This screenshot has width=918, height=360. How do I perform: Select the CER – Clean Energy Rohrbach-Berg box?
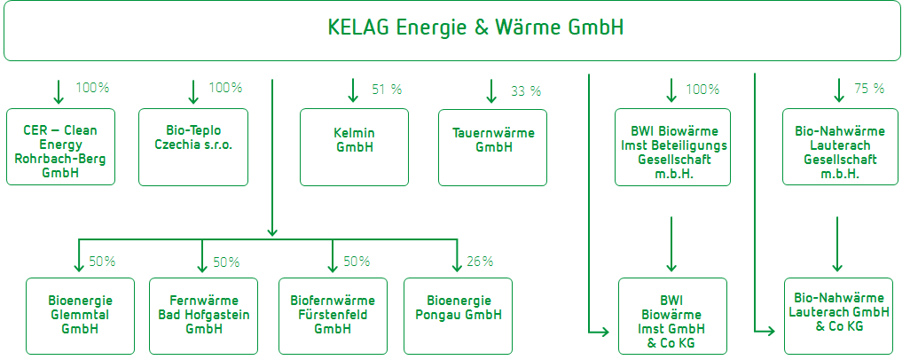[60, 147]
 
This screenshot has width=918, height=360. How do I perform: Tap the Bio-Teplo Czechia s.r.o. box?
[193, 147]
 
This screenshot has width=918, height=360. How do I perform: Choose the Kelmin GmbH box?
[354, 147]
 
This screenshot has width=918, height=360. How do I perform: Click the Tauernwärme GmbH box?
[493, 147]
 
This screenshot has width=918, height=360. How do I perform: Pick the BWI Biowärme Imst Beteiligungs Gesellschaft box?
[672, 147]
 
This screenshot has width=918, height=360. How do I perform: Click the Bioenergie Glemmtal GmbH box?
[80, 316]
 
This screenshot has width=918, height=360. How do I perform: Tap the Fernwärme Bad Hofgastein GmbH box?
[203, 316]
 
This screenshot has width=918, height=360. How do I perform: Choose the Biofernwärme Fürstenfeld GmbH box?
[333, 316]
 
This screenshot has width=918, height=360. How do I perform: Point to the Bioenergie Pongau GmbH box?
[459, 316]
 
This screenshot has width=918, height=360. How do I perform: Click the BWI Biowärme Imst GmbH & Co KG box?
[671, 316]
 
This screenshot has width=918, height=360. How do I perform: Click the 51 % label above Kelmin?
[387, 90]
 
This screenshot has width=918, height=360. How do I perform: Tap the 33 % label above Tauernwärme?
[526, 91]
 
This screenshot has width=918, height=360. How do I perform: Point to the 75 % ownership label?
[869, 89]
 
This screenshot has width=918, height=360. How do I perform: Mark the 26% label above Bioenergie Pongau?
[480, 262]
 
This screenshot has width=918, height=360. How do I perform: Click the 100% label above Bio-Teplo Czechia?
[225, 88]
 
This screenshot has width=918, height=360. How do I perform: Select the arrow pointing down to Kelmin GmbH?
[353, 90]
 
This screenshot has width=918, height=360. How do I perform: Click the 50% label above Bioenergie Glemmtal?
[102, 262]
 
